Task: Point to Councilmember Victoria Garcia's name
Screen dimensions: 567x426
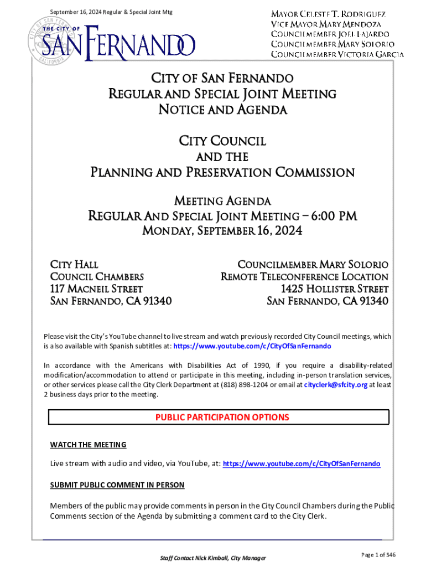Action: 337,54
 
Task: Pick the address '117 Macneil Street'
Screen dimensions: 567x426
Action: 97,289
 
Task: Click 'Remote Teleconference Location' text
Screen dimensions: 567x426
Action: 304,277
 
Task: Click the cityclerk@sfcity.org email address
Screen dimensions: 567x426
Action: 335,385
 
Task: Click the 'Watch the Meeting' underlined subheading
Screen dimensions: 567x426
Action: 89,445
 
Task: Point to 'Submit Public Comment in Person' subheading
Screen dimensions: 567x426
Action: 117,485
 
